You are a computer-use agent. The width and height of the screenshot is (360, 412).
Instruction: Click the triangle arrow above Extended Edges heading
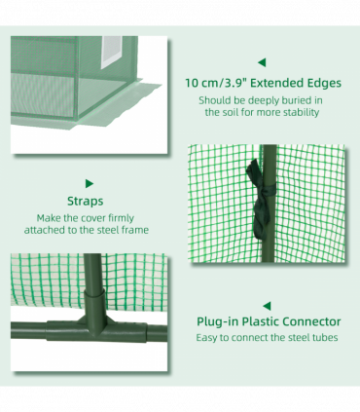pos(262,62)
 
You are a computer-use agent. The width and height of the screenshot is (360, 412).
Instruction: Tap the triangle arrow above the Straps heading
pos(90,183)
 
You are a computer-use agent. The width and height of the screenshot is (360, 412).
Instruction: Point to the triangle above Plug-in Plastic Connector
pos(267,306)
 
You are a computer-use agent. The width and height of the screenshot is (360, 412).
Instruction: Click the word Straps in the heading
pos(86,201)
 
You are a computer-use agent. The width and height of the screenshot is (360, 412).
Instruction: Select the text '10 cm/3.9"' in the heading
pos(216,83)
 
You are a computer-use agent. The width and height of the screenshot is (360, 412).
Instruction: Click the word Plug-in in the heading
pos(218,321)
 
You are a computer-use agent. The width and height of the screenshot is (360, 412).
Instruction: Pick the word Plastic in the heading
pos(261,321)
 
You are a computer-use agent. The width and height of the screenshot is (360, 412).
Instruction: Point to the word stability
pos(302,113)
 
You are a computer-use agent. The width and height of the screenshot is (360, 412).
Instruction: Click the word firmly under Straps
pos(121,218)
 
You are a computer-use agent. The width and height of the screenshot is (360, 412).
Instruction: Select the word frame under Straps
pos(135,230)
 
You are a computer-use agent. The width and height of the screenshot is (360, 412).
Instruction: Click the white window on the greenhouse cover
pos(112,52)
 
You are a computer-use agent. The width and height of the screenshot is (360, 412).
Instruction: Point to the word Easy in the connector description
pos(206,338)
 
